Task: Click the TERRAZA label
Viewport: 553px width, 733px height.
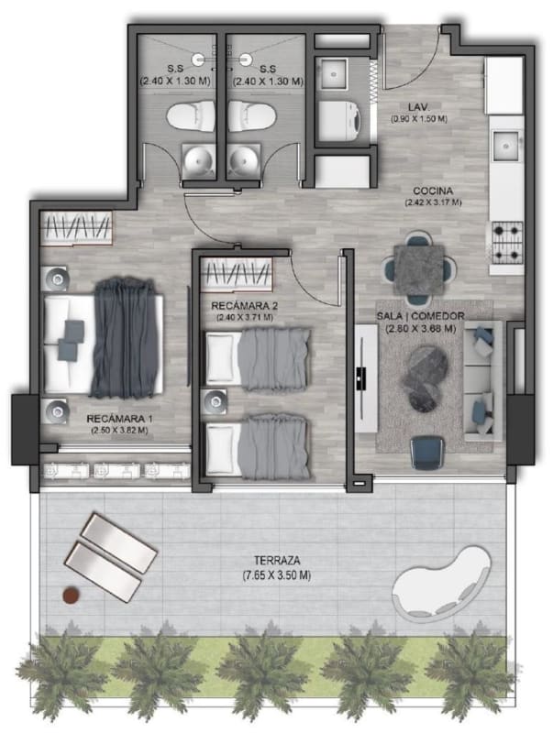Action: [277, 560]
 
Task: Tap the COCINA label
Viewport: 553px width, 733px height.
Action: [433, 191]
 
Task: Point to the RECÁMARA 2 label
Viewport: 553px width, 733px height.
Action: [245, 306]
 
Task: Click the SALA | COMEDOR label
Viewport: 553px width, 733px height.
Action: [421, 316]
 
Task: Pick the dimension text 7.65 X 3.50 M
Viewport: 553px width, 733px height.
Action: [277, 575]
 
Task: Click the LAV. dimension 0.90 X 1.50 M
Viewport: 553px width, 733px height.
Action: [419, 119]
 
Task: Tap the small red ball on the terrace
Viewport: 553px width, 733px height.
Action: [72, 595]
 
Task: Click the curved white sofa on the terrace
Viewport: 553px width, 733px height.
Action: [441, 585]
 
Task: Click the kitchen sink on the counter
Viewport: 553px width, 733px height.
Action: [506, 145]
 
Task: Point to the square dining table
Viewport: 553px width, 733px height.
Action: [419, 270]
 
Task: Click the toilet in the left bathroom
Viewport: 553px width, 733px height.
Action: [190, 116]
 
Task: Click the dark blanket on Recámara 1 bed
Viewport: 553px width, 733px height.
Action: [124, 337]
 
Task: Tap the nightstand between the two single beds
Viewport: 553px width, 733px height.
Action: [216, 401]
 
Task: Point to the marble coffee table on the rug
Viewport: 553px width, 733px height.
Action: [425, 377]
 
